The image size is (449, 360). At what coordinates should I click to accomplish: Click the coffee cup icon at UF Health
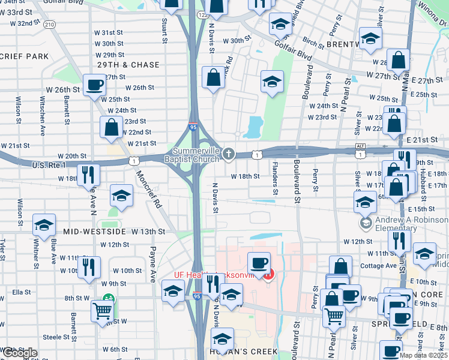tap(259, 262)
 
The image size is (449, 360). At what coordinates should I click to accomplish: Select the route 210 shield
tap(49, 24)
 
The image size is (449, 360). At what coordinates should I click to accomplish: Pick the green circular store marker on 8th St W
tap(108, 298)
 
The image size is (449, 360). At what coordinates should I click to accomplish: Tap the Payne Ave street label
tap(152, 264)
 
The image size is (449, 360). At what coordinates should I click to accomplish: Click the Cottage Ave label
tap(378, 266)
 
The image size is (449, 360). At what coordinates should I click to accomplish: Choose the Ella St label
tap(21, 292)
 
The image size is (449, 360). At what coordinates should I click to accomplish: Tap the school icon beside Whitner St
tap(43, 224)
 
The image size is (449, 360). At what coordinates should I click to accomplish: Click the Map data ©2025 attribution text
tap(423, 355)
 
